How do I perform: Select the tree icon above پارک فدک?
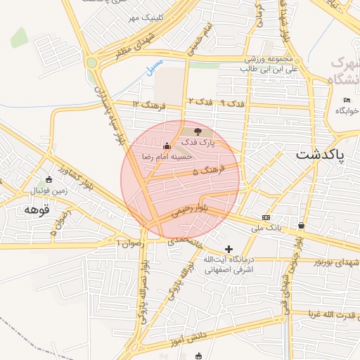(198, 131)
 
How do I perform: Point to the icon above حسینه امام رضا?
(167, 146)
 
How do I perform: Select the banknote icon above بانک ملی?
(266, 217)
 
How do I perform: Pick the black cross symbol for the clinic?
(229, 249)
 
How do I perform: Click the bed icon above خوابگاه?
(347, 101)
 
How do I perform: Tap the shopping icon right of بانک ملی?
(302, 226)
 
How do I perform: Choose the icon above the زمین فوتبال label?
(48, 179)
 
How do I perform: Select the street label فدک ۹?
(233, 104)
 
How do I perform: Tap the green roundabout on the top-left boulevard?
(91, 63)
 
